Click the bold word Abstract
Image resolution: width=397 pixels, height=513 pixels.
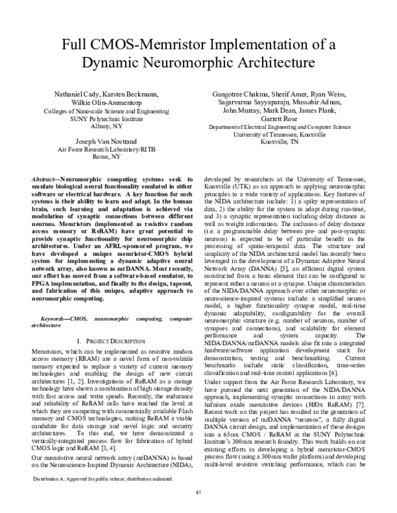pyautogui.click(x=46, y=180)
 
